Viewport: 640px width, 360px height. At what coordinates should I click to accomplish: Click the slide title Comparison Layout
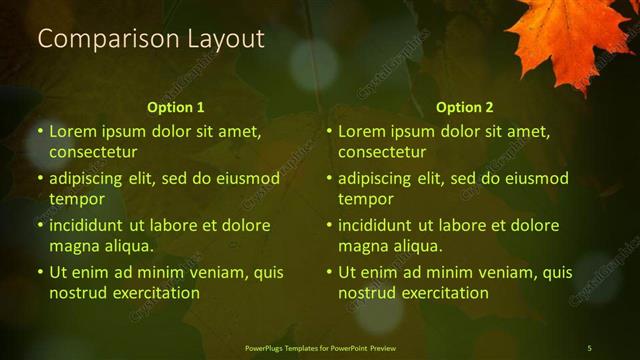coord(151,39)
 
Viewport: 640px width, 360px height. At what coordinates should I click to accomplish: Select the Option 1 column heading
coord(176,107)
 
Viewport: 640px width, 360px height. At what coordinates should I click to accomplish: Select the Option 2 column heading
coord(465,107)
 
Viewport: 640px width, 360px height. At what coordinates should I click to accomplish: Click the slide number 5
coord(589,348)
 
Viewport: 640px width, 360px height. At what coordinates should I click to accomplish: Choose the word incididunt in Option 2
coord(374,226)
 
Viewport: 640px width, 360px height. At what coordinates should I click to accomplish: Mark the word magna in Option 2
coord(361,246)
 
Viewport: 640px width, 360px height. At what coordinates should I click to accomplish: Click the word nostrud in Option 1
coord(76,293)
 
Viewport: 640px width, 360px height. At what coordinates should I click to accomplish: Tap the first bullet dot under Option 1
coord(41,131)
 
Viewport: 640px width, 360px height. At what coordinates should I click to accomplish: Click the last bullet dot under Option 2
coord(330,272)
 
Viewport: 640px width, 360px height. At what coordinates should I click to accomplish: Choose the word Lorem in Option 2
coord(361,131)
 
